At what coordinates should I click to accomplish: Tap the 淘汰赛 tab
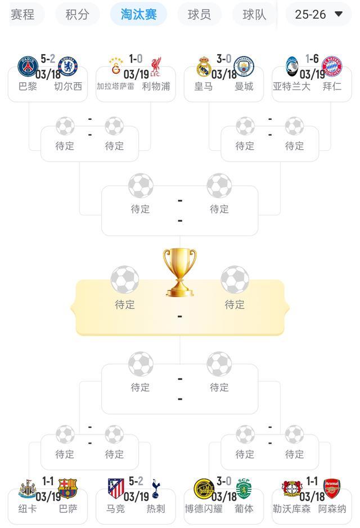(x=138, y=14)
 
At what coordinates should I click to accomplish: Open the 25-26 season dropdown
(x=318, y=14)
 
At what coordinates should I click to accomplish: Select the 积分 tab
(x=78, y=14)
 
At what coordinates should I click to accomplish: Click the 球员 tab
(x=199, y=14)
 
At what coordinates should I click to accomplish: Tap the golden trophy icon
(x=179, y=272)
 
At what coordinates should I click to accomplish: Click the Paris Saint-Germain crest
(x=28, y=66)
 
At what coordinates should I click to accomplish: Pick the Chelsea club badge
(x=68, y=66)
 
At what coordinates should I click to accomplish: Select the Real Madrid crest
(x=204, y=66)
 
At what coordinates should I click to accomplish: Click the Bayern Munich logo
(x=332, y=66)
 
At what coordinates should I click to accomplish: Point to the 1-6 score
(x=312, y=59)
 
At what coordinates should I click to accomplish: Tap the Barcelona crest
(x=68, y=489)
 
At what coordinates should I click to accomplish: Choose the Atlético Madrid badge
(x=116, y=489)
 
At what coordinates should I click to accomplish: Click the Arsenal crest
(x=332, y=489)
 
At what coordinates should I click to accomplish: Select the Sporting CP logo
(x=244, y=489)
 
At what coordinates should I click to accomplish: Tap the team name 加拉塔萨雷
(x=115, y=87)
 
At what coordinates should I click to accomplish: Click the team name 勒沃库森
(x=291, y=509)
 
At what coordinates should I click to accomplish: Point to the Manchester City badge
(x=244, y=66)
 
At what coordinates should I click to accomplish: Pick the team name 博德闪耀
(x=204, y=509)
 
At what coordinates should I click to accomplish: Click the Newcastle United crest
(x=28, y=489)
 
